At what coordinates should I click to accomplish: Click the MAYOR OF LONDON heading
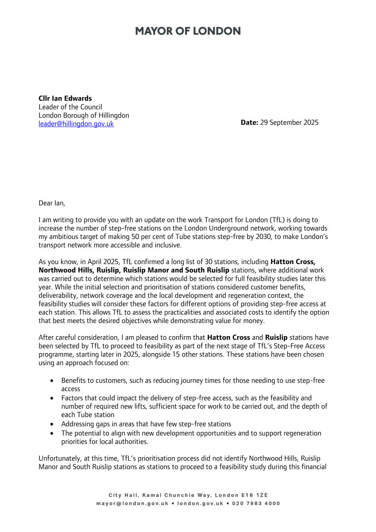(x=188, y=31)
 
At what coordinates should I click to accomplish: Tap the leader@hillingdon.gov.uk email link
(x=76, y=124)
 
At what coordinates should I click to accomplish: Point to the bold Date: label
(x=250, y=122)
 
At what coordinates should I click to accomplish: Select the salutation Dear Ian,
(x=52, y=203)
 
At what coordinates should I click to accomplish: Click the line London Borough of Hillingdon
(x=84, y=115)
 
